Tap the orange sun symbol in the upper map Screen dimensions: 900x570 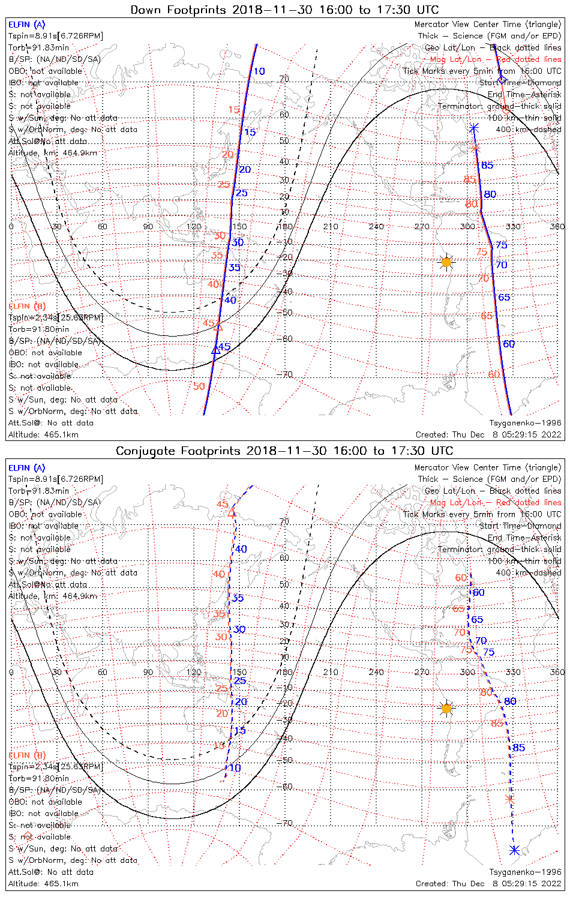[446, 262]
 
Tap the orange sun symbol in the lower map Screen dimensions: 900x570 [446, 709]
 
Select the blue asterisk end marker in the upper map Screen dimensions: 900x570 [474, 128]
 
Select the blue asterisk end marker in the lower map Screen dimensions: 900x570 [514, 850]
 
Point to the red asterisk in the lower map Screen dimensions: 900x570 [509, 799]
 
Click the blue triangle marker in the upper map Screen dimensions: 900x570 [215, 350]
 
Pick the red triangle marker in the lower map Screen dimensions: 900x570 [233, 514]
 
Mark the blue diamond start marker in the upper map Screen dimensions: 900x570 [502, 80]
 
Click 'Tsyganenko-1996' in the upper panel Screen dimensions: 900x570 [525, 423]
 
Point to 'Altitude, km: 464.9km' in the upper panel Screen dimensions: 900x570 [53, 153]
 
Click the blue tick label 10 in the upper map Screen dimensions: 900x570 [259, 71]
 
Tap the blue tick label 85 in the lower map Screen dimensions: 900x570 [519, 748]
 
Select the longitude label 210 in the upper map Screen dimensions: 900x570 [331, 226]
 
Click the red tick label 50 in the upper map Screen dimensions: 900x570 [199, 386]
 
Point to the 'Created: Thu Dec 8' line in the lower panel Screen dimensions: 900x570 [488, 883]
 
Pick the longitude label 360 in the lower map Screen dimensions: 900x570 [557, 672]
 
